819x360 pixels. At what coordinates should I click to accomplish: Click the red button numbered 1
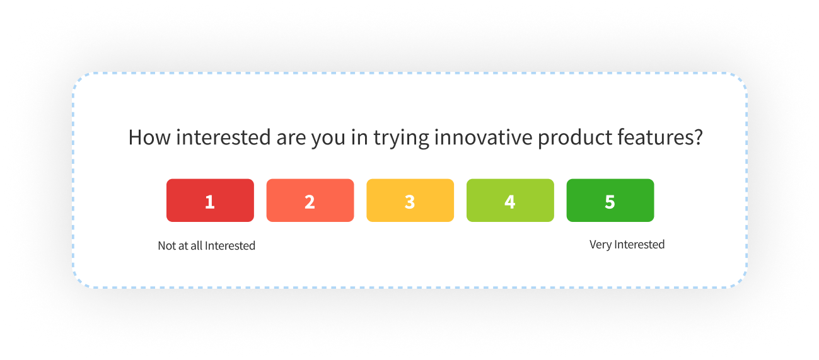210,200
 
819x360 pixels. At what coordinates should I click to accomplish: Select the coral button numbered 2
310,200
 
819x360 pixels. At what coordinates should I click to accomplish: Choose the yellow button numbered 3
410,200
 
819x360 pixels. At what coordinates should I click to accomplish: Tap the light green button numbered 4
510,200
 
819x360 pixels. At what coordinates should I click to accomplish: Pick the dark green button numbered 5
610,200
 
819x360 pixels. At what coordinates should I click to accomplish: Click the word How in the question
149,137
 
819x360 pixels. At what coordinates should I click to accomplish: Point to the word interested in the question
216,137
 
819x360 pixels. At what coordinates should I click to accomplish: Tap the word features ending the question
661,137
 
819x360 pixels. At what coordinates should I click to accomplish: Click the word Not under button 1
166,246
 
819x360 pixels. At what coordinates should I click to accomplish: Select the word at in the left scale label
183,246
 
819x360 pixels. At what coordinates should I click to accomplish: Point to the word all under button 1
196,246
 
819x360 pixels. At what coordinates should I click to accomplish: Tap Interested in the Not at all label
230,246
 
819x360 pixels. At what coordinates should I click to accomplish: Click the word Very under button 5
600,245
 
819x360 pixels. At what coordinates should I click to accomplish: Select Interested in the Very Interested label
639,245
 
